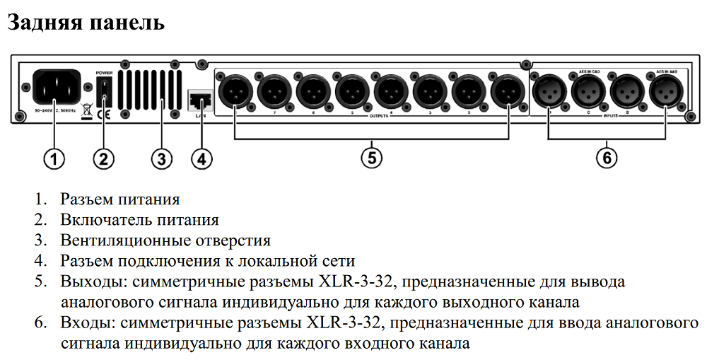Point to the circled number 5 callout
371,157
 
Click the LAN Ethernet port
197,99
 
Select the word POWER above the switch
104,72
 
